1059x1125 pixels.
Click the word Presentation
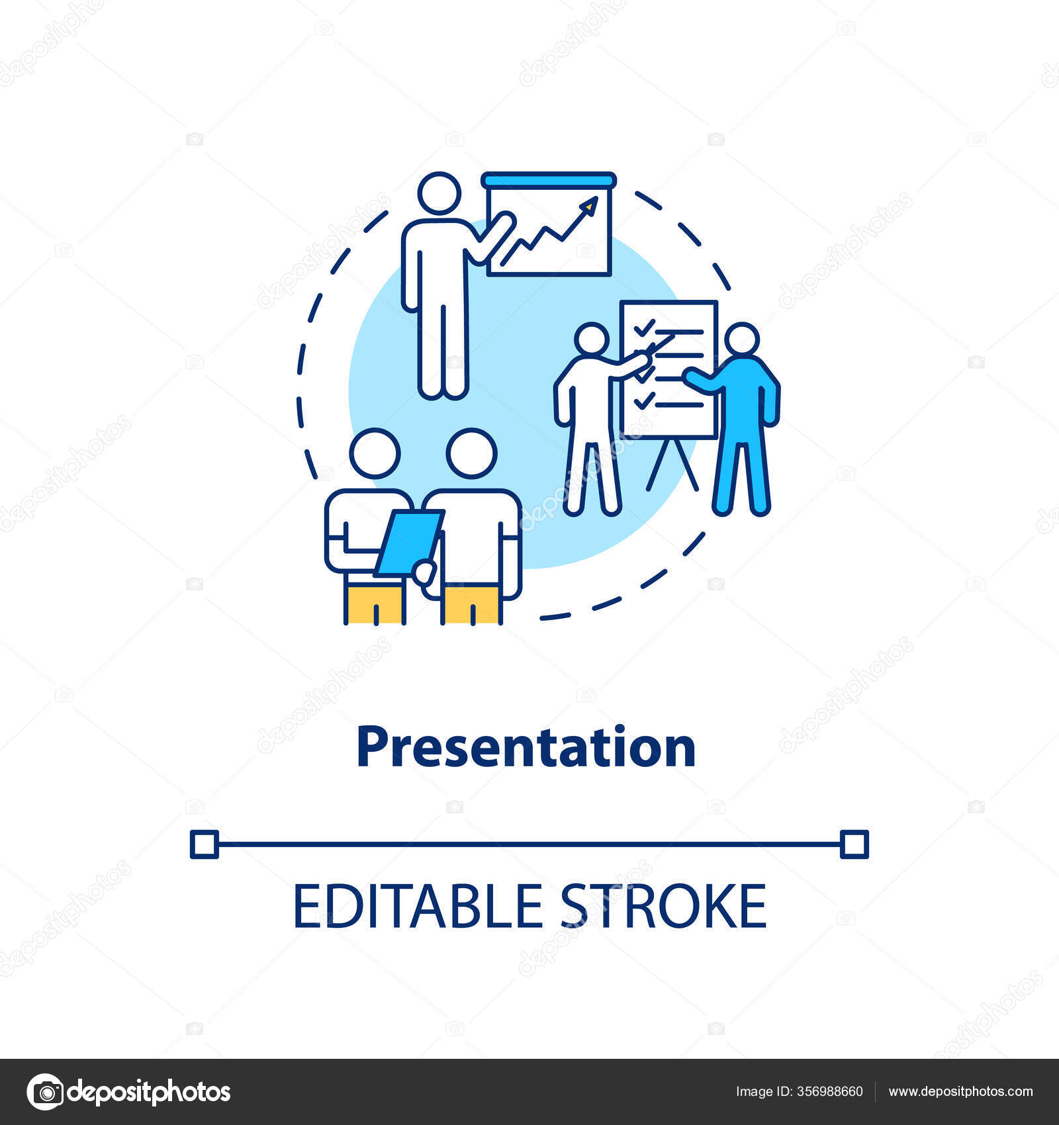click(526, 747)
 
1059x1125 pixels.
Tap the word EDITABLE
click(418, 906)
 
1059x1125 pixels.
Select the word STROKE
click(664, 906)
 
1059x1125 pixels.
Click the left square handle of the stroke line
click(204, 844)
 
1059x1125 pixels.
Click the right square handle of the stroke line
click(854, 844)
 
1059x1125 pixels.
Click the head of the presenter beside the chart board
click(439, 193)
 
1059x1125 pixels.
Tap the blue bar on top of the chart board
click(549, 180)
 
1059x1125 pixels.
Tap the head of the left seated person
click(375, 453)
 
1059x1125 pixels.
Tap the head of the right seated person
click(471, 453)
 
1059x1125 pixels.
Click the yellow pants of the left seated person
click(374, 603)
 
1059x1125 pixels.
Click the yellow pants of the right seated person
click(471, 603)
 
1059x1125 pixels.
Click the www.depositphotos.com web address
click(960, 1091)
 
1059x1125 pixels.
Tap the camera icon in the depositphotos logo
click(46, 1091)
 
